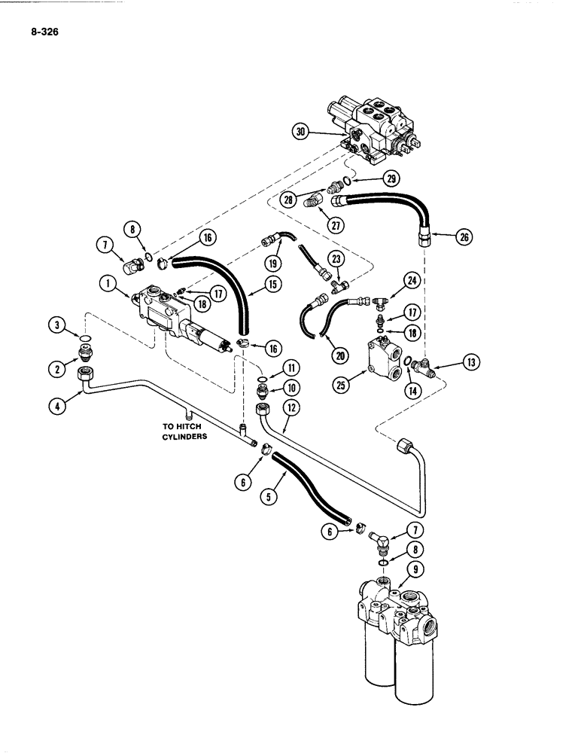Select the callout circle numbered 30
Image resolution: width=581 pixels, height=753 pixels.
point(301,132)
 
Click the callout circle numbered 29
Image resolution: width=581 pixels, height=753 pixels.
point(391,178)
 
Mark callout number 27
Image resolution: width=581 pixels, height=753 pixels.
point(327,223)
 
